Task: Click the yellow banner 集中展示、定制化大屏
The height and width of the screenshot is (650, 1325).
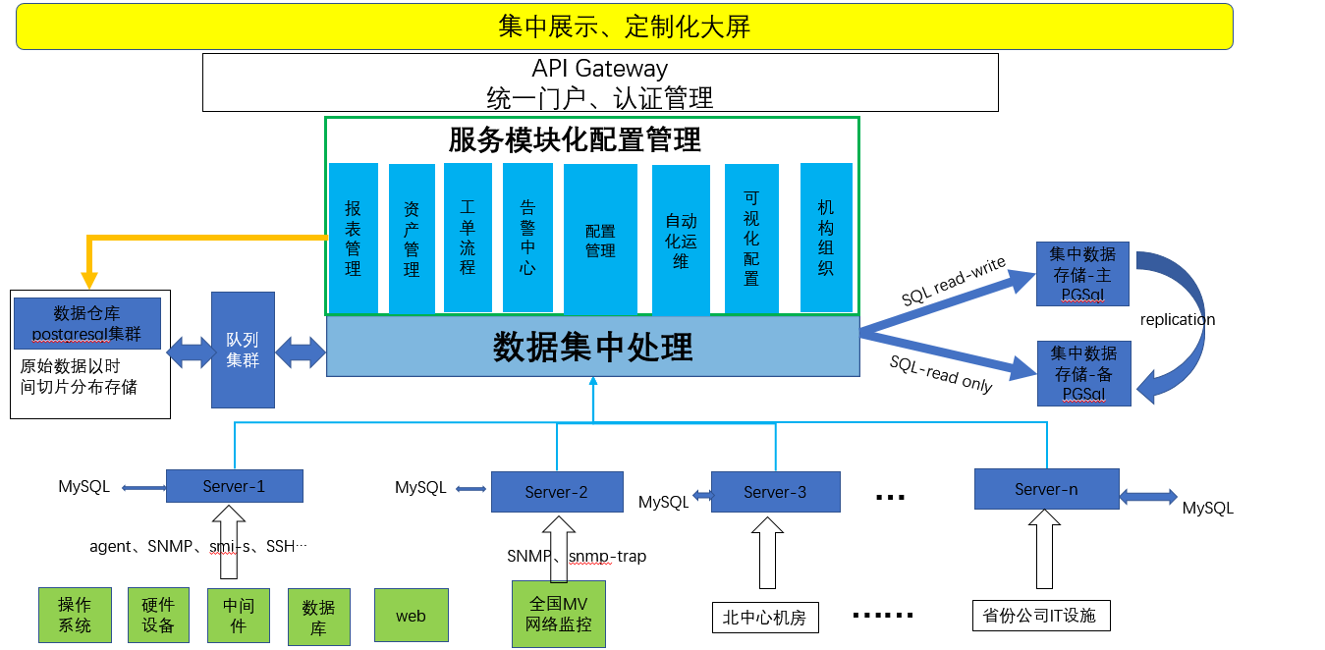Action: click(624, 27)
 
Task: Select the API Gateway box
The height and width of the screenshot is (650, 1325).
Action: click(600, 82)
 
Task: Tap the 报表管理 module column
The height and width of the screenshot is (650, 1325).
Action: click(353, 238)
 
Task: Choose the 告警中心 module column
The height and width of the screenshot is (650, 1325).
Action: click(527, 237)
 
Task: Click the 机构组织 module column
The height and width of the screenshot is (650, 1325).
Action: click(825, 237)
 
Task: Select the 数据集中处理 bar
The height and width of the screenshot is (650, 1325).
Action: click(592, 347)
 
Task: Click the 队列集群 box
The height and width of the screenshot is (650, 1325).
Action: click(243, 350)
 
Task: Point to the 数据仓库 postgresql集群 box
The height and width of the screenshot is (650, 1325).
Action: click(87, 323)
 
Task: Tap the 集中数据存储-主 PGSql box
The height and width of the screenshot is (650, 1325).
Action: click(1082, 273)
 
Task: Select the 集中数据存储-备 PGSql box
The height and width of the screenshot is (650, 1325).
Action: click(1083, 373)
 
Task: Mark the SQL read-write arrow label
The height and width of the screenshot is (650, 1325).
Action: click(952, 281)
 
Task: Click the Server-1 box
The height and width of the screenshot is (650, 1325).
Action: click(234, 486)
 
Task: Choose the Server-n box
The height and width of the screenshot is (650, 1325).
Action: click(1046, 489)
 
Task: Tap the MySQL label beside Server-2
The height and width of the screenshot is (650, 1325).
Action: click(420, 488)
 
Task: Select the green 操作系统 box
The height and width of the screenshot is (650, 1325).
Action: click(75, 615)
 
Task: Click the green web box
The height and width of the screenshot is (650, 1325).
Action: click(411, 616)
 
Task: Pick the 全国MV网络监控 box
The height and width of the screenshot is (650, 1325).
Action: click(558, 614)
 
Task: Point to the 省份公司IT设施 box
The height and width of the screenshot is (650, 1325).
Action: click(1039, 616)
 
